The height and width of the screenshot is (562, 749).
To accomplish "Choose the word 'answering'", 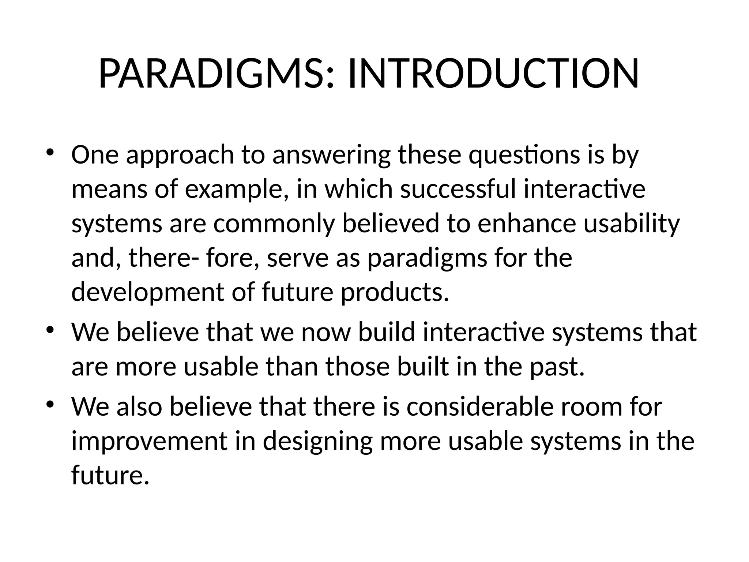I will tap(331, 155).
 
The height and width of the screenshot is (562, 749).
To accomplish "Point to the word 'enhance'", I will tap(527, 224).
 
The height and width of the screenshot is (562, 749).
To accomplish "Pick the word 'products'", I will tap(395, 293).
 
